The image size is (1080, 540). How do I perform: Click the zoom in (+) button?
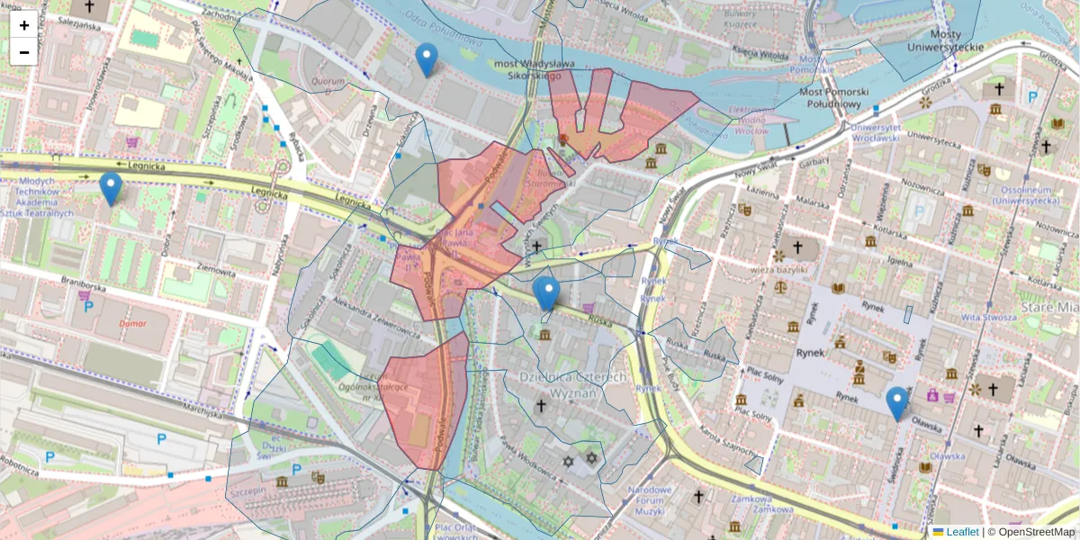point(24,25)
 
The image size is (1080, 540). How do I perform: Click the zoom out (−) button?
point(24,51)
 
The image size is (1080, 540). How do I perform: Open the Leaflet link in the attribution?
point(962,532)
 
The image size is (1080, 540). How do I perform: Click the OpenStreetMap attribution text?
point(1036,532)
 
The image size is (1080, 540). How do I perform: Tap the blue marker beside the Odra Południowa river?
point(427,59)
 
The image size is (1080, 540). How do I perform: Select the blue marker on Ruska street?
point(545,293)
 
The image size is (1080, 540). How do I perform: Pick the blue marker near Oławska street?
point(896,403)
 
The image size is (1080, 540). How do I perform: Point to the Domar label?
point(133,321)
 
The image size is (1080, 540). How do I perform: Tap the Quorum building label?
point(328,81)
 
